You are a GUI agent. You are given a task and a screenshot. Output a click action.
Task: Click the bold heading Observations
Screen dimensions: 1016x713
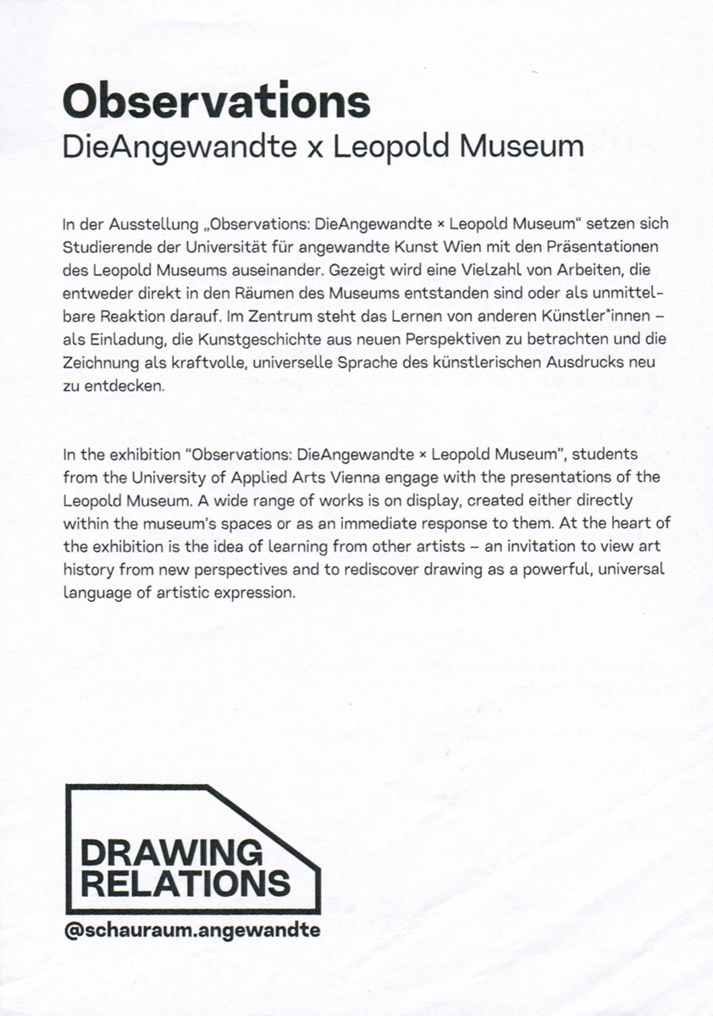(x=217, y=102)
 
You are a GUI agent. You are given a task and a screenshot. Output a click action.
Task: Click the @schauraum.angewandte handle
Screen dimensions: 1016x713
(x=192, y=930)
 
